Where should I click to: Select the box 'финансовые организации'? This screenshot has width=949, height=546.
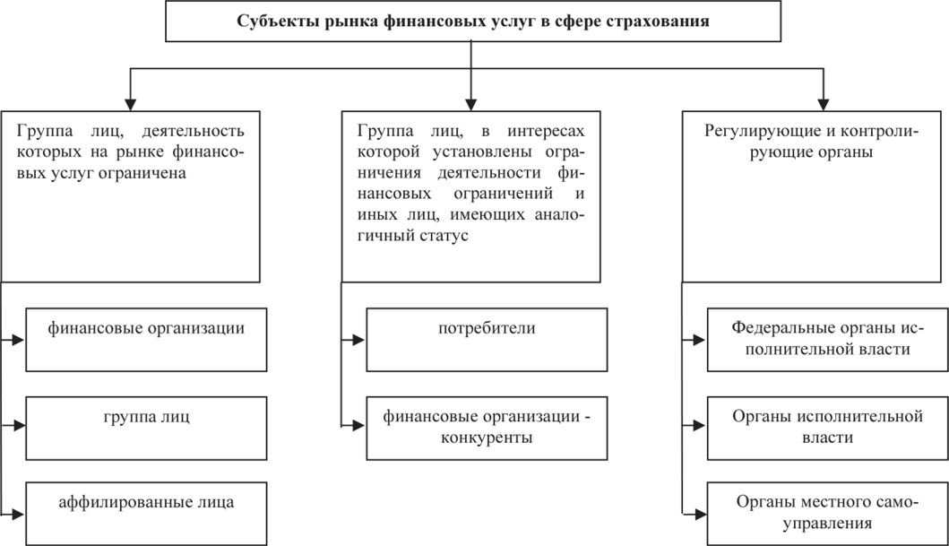147,340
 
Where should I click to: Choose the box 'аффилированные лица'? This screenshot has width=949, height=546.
147,511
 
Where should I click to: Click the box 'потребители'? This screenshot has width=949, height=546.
487,340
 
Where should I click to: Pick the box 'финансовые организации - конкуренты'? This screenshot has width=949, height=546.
487,428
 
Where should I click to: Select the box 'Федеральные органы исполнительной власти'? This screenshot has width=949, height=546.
827,340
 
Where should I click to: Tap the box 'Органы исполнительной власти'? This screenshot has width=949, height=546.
827,428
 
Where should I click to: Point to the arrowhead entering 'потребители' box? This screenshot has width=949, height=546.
358,340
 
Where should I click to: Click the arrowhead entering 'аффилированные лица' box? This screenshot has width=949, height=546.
18,514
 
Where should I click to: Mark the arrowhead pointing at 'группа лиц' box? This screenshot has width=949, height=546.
18,427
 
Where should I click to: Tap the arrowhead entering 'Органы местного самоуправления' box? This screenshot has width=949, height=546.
699,514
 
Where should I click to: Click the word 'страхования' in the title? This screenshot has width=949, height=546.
666,22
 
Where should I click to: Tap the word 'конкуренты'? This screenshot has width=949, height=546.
487,438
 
